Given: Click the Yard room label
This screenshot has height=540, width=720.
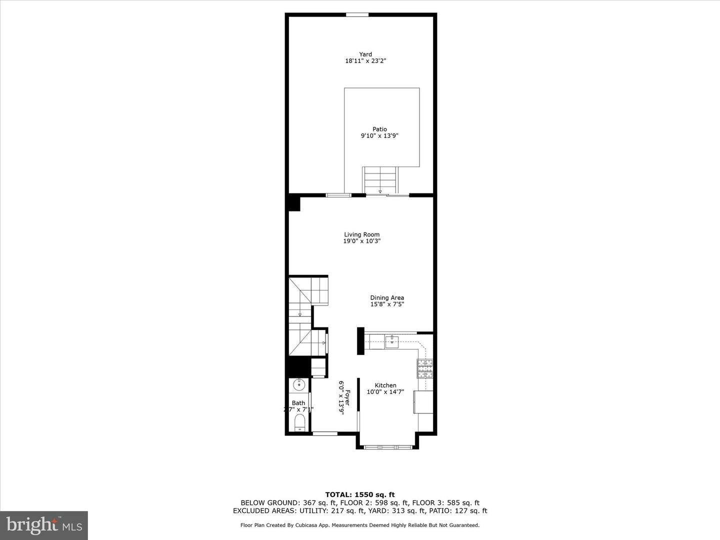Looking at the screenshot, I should pos(365,54).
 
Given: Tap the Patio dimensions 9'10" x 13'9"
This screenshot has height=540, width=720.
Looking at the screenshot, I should pos(379,135).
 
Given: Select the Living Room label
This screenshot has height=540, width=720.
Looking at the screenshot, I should pos(361,234).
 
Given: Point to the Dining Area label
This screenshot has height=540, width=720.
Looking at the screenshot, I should pos(387,298).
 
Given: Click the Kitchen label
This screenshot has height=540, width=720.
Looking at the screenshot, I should pos(385,385).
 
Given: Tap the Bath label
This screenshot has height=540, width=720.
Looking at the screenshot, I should pos(298,403).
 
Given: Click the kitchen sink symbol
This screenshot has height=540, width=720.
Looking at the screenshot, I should pos(392,342).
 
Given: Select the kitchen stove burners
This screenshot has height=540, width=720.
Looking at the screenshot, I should pos(426,368).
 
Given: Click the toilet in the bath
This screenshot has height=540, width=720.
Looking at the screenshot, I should pos(299,422).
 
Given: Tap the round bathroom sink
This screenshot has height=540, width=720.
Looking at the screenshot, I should pos(298,384).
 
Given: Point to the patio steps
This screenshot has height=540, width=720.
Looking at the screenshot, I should pos(380,180).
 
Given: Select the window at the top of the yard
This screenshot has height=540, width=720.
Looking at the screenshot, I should pos(357,14).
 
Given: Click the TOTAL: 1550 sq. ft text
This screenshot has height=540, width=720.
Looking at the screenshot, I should pos(360,495).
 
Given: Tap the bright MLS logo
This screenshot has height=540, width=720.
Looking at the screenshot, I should pos(44,525).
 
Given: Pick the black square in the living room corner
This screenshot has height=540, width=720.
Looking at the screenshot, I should pos(293,204).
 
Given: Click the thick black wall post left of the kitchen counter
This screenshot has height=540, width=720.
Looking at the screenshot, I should pos(360,341).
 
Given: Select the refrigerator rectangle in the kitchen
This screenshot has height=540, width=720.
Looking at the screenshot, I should pos(423,402).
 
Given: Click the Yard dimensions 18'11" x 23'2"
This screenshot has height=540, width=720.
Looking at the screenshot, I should pos(365,61).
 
